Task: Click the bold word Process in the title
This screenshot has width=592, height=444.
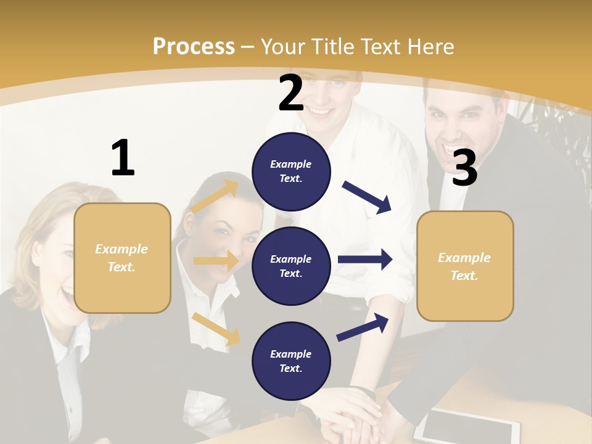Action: coord(194,47)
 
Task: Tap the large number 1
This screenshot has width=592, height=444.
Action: coord(123,158)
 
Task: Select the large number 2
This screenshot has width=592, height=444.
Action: coord(291,94)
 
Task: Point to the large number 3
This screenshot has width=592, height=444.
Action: coord(464,168)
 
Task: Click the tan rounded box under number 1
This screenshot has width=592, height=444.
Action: coord(122,258)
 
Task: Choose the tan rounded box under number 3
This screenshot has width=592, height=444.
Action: coord(465,266)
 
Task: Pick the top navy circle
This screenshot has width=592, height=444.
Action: coord(291,171)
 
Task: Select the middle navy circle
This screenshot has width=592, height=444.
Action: coord(291,266)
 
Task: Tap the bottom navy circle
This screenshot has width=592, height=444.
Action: coord(291,361)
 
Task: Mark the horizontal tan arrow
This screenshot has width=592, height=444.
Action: coord(216,261)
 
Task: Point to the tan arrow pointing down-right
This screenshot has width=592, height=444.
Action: coord(216,328)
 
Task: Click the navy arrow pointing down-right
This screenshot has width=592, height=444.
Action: coord(367,197)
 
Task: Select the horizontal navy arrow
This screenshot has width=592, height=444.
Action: coord(365,259)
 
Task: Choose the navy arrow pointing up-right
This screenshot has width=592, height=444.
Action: coord(363,327)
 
